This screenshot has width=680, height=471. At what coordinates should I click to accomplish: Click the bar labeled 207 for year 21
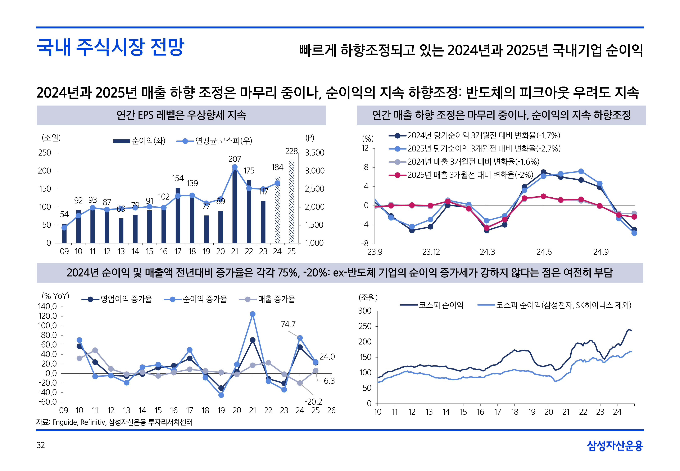coord(235,207)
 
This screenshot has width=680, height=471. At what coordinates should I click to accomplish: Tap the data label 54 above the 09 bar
coord(64,214)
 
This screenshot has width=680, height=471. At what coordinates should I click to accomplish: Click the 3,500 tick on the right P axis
coord(314,153)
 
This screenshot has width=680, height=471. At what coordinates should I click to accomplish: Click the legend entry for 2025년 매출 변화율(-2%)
coord(470,175)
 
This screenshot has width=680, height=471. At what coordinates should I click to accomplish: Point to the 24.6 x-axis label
coord(544,252)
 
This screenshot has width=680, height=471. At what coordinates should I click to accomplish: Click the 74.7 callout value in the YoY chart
coord(288,324)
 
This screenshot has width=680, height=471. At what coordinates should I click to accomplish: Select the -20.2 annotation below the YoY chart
coord(313,402)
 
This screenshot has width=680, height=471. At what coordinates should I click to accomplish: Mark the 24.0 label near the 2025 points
coord(327,357)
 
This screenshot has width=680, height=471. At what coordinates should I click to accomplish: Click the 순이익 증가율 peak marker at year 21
coord(252,314)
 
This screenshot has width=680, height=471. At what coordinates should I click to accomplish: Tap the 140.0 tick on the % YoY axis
coord(47,307)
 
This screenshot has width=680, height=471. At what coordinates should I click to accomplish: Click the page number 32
coord(41,445)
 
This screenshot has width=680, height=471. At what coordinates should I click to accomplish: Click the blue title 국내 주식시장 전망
coord(110,47)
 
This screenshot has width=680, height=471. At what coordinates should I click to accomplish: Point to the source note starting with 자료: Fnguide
coord(114,422)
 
